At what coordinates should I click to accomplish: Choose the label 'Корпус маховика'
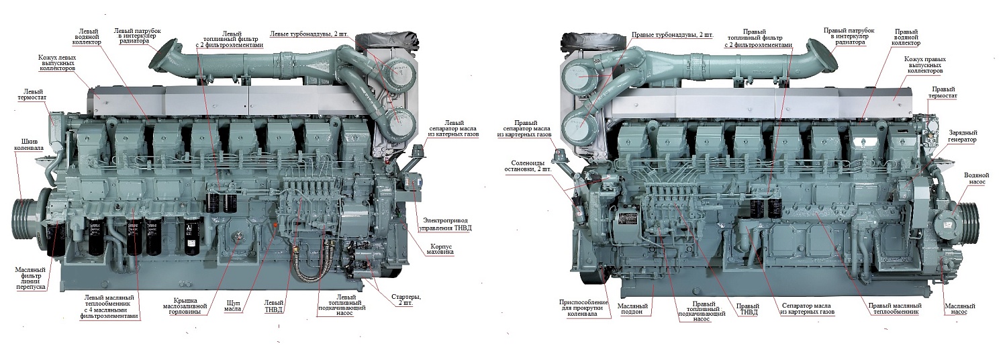441,251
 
